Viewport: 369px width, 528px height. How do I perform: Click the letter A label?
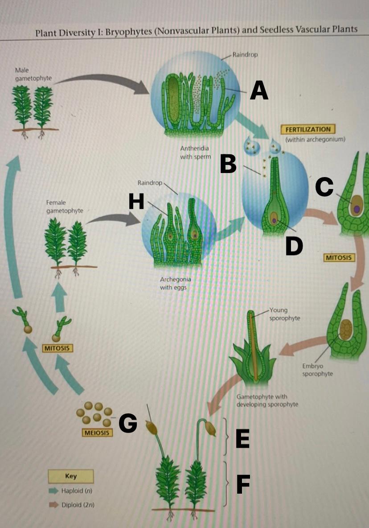point(259,91)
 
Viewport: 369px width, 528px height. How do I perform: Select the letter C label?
point(324,186)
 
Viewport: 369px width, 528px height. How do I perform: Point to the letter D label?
point(294,246)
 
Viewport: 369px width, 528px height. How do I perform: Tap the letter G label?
point(128,423)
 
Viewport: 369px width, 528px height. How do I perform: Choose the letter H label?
point(136,202)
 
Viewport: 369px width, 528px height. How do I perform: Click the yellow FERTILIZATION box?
point(307,129)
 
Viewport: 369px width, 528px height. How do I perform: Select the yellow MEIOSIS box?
point(97,433)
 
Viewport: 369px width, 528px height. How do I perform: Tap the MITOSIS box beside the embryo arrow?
point(339,258)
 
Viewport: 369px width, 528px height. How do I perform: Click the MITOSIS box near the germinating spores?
point(57,348)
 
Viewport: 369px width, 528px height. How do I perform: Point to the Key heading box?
point(71,476)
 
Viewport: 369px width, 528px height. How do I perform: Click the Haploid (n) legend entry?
point(76,491)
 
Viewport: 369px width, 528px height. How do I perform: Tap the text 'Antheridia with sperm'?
point(194,152)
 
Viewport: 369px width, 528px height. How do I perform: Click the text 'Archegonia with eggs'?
point(175,284)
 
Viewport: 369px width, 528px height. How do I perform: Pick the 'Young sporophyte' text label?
point(284,314)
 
